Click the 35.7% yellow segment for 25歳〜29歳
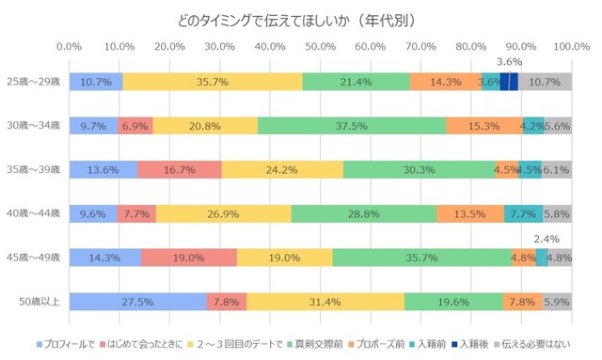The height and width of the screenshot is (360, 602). [213, 82]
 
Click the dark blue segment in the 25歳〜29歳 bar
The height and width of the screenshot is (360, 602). [509, 82]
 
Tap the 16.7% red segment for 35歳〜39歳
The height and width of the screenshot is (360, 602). [179, 169]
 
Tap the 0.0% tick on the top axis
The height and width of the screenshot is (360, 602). [70, 45]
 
